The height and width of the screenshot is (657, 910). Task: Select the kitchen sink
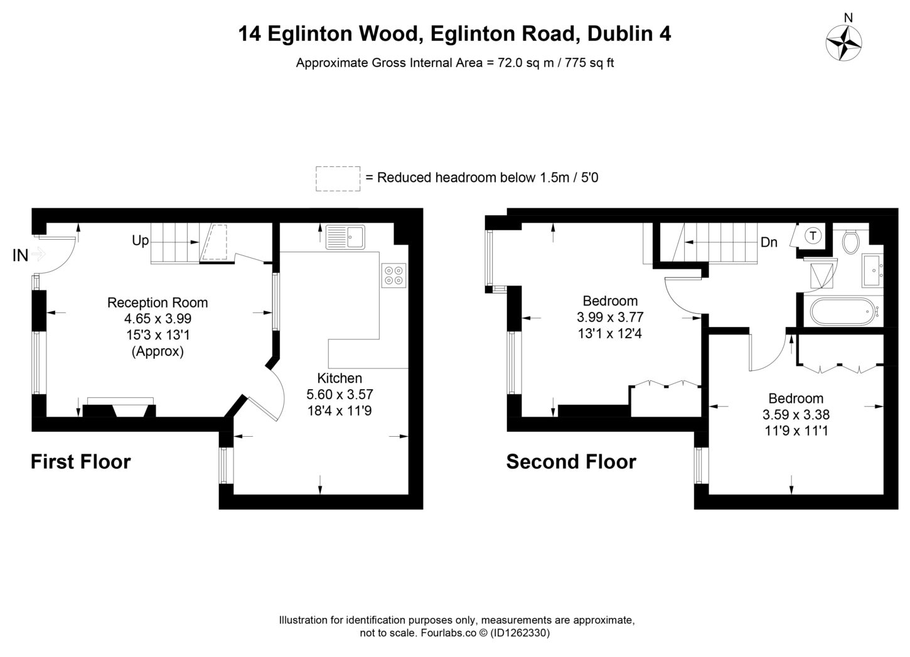click(345, 238)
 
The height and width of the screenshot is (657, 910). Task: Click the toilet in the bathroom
click(851, 242)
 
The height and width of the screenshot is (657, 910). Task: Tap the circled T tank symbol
click(813, 236)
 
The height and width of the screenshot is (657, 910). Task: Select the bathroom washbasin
click(873, 270)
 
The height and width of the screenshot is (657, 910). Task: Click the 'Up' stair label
click(140, 240)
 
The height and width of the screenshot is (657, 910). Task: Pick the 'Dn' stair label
click(769, 242)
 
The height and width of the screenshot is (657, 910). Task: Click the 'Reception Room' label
click(158, 302)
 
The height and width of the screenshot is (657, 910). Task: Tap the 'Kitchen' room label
click(340, 378)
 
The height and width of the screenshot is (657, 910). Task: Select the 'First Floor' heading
click(81, 462)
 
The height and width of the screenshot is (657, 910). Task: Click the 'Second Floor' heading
click(571, 462)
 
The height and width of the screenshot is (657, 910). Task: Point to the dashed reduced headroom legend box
click(338, 178)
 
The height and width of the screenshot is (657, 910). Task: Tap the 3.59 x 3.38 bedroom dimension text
click(796, 415)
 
